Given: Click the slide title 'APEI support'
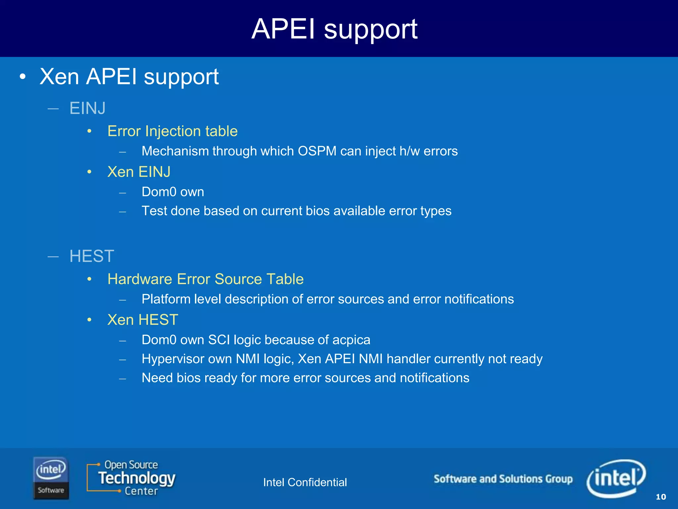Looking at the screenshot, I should [334, 29].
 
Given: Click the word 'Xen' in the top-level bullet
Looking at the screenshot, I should [59, 77].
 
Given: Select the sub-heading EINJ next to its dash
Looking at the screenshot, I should [87, 108].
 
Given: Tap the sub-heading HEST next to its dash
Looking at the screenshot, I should [92, 256].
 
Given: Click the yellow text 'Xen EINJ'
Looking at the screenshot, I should [139, 172].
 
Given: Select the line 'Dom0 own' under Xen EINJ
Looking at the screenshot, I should [172, 192].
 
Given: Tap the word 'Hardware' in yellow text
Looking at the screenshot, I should [140, 279].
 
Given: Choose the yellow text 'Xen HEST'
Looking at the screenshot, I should [143, 320].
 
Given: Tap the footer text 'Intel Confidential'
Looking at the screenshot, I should [305, 482].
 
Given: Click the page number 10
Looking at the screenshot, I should [660, 497].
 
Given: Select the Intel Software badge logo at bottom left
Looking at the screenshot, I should [51, 478].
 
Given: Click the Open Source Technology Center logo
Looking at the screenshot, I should [131, 478].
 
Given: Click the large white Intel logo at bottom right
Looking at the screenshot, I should [616, 478].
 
